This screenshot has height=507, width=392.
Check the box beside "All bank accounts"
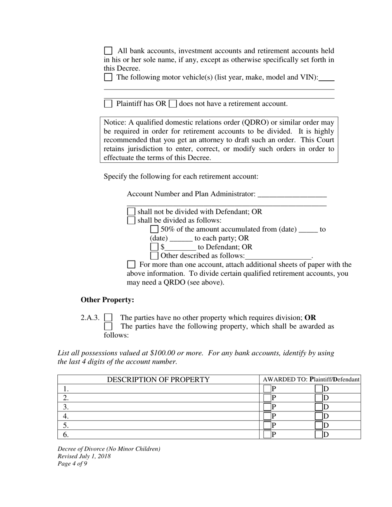(108, 51)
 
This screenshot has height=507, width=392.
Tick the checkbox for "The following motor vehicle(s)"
(108, 77)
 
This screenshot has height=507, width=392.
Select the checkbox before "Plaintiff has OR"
(108, 104)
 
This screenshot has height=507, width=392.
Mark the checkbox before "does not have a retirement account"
(173, 104)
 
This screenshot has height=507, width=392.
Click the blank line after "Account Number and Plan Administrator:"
(291, 195)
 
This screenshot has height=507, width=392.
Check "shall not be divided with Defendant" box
(131, 211)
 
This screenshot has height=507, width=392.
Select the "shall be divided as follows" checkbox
(131, 220)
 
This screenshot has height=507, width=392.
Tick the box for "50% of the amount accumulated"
(154, 229)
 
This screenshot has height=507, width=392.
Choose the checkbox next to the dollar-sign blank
(154, 247)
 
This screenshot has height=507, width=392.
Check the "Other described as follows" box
(154, 256)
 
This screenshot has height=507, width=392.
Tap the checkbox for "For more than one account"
(131, 264)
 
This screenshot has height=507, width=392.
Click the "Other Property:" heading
(107, 300)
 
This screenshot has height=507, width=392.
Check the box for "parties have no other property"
(108, 317)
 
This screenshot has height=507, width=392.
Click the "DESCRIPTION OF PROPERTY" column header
(158, 380)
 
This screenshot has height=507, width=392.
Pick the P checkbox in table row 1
(267, 389)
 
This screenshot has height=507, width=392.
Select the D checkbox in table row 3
(319, 407)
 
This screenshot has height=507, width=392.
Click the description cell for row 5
(158, 425)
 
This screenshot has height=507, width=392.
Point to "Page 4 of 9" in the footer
(73, 463)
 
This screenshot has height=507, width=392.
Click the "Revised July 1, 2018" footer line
(84, 456)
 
